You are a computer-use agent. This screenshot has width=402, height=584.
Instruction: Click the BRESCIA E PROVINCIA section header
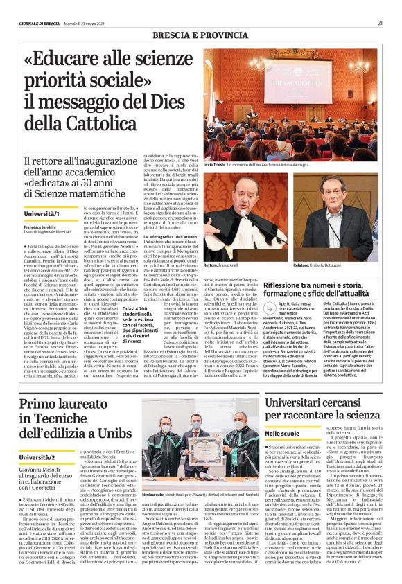(199, 34)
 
